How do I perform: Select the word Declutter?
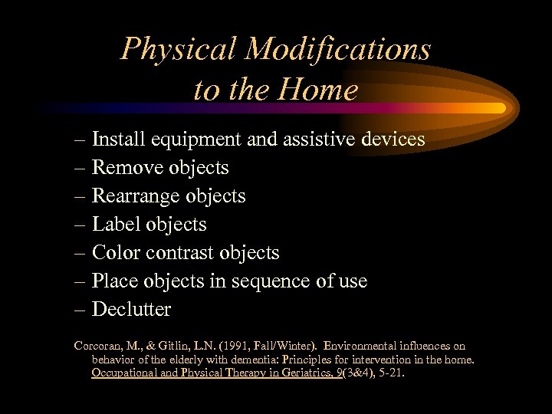[131, 310]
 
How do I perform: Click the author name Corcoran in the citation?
[98, 347]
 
